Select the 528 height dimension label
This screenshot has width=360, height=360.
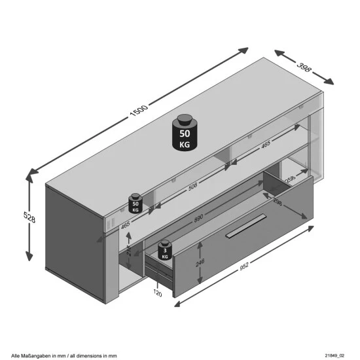coord(19,216)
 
